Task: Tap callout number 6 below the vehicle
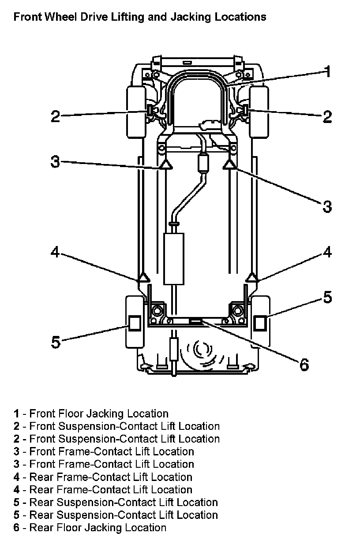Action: (304, 365)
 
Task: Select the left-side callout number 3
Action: (55, 161)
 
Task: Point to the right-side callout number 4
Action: (327, 252)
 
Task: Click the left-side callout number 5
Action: (56, 342)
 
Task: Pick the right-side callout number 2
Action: (327, 116)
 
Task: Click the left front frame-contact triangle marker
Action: (166, 164)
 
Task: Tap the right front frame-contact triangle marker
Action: (229, 164)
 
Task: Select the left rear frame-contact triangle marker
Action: (144, 277)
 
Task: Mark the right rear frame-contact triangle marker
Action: (252, 277)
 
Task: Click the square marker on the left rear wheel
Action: (135, 323)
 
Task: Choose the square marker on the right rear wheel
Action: (259, 323)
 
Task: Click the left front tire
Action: (136, 112)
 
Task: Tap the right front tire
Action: (259, 112)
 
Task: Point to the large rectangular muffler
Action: (174, 259)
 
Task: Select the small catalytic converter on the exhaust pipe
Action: (203, 163)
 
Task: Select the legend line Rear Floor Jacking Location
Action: (90, 528)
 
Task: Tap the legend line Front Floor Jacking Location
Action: (91, 414)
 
